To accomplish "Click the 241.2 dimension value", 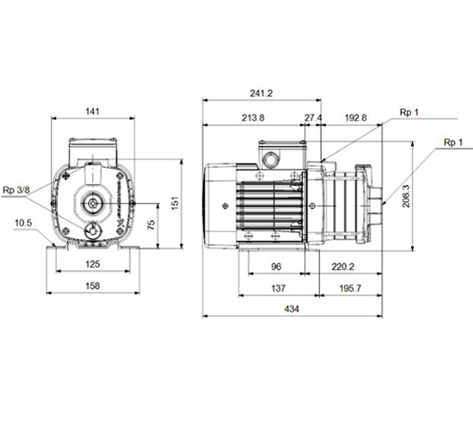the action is (x=261, y=93).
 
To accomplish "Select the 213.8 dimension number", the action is (x=253, y=118).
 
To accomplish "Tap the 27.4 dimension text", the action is (x=313, y=118).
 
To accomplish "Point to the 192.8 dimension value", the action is (x=356, y=118).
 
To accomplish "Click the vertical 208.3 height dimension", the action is (x=406, y=196).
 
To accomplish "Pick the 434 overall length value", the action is (x=292, y=309).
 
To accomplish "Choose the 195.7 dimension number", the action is (x=350, y=288).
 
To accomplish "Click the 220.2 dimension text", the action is (x=343, y=267).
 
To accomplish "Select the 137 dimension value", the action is (x=278, y=288).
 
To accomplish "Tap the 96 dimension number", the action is (x=276, y=267).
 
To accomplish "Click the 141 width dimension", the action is (x=92, y=111).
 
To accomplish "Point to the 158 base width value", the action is (x=93, y=286).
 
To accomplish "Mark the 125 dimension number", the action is (x=93, y=264).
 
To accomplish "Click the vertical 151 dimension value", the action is (x=175, y=203).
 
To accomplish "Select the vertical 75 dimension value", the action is (x=151, y=224).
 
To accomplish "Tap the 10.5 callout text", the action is (x=23, y=223).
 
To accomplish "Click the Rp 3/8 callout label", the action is (x=16, y=190).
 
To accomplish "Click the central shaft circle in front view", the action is (x=93, y=204).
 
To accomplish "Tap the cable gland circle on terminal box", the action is (x=271, y=160).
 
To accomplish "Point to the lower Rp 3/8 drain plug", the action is (x=93, y=231).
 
